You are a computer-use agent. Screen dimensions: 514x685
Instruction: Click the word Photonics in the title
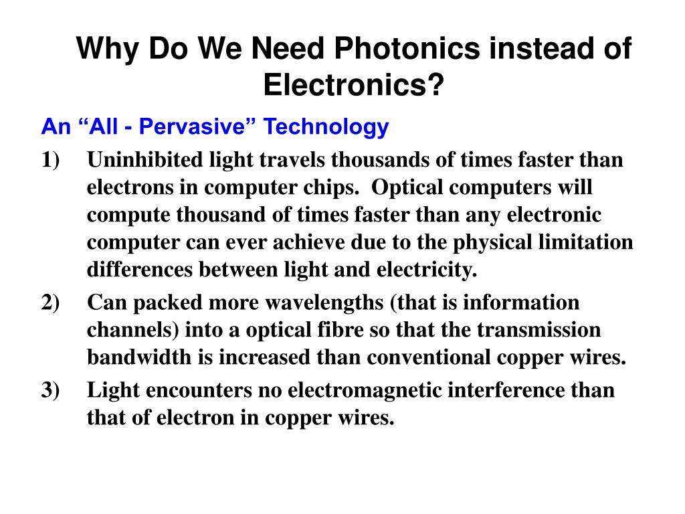(x=407, y=49)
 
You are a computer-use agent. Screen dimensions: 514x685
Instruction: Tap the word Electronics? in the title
(x=354, y=84)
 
